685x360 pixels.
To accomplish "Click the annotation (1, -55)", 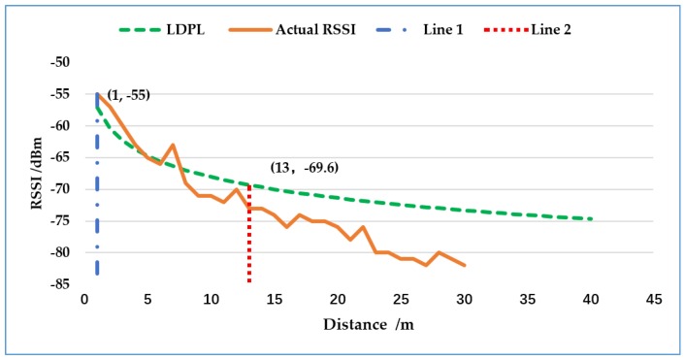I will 128,95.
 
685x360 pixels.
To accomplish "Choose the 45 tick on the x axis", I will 654,298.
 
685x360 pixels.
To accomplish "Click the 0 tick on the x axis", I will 84,298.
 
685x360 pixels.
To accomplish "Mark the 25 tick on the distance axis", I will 401,298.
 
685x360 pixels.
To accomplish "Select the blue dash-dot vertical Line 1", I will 97,194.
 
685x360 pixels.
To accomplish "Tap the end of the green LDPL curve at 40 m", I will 591,218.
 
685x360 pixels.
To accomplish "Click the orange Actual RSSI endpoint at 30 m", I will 465,265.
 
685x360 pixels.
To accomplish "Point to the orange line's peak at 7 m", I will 173,145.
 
